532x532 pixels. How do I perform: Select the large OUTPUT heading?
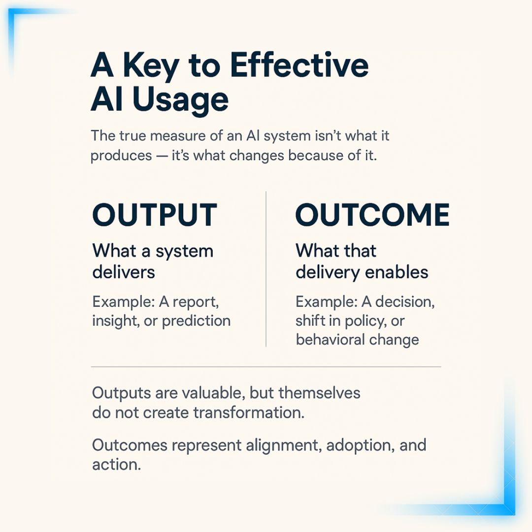(155, 215)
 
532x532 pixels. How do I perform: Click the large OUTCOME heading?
(372, 215)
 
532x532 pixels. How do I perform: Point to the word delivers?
(124, 272)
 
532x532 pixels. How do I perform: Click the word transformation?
(248, 412)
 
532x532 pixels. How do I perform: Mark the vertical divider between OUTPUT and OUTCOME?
(266, 269)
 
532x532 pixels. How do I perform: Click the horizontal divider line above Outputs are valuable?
(266, 367)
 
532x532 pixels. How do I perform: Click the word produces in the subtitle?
(121, 155)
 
